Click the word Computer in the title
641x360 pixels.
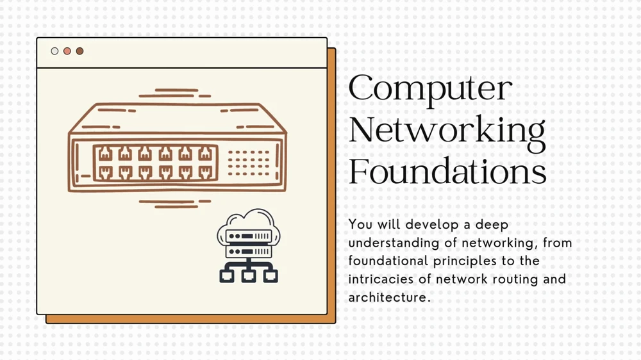click(430, 88)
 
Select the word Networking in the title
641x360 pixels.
click(447, 131)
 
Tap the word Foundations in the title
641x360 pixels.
click(447, 172)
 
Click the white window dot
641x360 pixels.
click(54, 51)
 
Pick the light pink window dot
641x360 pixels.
click(67, 51)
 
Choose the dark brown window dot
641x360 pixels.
click(79, 51)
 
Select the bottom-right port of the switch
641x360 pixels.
click(204, 171)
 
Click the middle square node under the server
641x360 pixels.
click(249, 275)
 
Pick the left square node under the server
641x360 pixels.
click(226, 275)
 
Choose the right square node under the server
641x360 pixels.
click(271, 275)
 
